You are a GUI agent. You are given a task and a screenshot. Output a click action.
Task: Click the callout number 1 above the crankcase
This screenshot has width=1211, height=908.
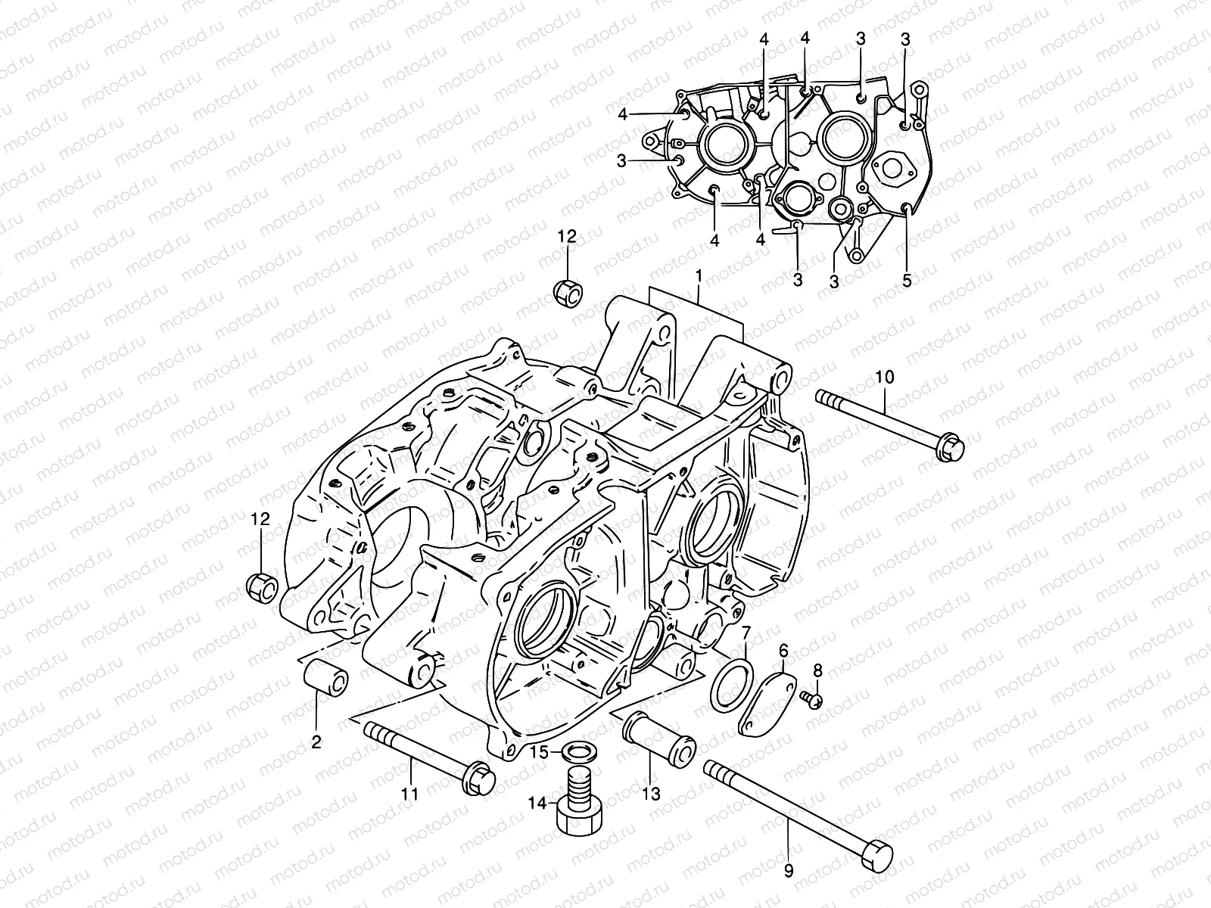click(x=699, y=277)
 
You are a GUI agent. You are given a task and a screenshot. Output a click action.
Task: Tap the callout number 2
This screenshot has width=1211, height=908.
click(x=316, y=742)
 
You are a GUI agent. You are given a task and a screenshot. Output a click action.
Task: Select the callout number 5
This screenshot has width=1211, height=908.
click(x=907, y=280)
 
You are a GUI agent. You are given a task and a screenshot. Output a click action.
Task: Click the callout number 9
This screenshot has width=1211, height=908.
click(x=789, y=871)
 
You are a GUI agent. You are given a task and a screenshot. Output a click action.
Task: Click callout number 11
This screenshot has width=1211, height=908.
click(x=409, y=794)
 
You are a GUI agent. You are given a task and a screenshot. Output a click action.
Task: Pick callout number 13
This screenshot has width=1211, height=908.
click(x=651, y=794)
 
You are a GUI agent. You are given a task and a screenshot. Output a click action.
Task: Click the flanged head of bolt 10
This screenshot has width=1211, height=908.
click(x=950, y=448)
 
